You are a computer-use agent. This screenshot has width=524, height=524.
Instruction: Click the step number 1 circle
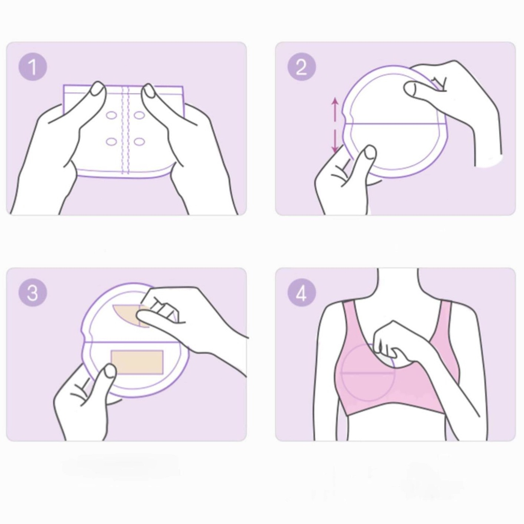point(32,67)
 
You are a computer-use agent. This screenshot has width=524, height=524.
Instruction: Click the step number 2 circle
point(301,67)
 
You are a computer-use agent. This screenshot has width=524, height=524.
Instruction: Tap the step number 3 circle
point(32,292)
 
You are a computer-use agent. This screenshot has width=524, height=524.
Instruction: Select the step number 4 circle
point(301,292)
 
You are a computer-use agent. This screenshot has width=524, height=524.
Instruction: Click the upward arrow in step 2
point(335,108)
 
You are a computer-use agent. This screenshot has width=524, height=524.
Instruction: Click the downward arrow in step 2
point(335,141)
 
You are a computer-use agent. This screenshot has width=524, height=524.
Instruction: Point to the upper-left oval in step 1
point(111,115)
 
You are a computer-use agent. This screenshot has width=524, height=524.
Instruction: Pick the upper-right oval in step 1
point(139,115)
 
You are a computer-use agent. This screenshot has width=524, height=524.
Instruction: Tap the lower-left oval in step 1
point(111,142)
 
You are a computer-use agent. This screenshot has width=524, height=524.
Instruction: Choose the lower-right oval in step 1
point(139,142)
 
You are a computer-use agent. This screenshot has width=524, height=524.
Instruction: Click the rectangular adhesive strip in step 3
point(137,362)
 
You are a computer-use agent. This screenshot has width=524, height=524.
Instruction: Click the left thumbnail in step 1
point(98,89)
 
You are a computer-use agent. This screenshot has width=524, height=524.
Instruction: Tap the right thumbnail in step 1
point(149,91)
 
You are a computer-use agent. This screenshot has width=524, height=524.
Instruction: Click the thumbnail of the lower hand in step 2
point(370,152)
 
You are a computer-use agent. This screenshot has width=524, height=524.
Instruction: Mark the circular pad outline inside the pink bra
point(342,373)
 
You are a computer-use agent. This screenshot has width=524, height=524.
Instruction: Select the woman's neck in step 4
point(398,284)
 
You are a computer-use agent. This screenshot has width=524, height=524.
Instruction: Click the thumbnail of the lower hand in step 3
point(110,370)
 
